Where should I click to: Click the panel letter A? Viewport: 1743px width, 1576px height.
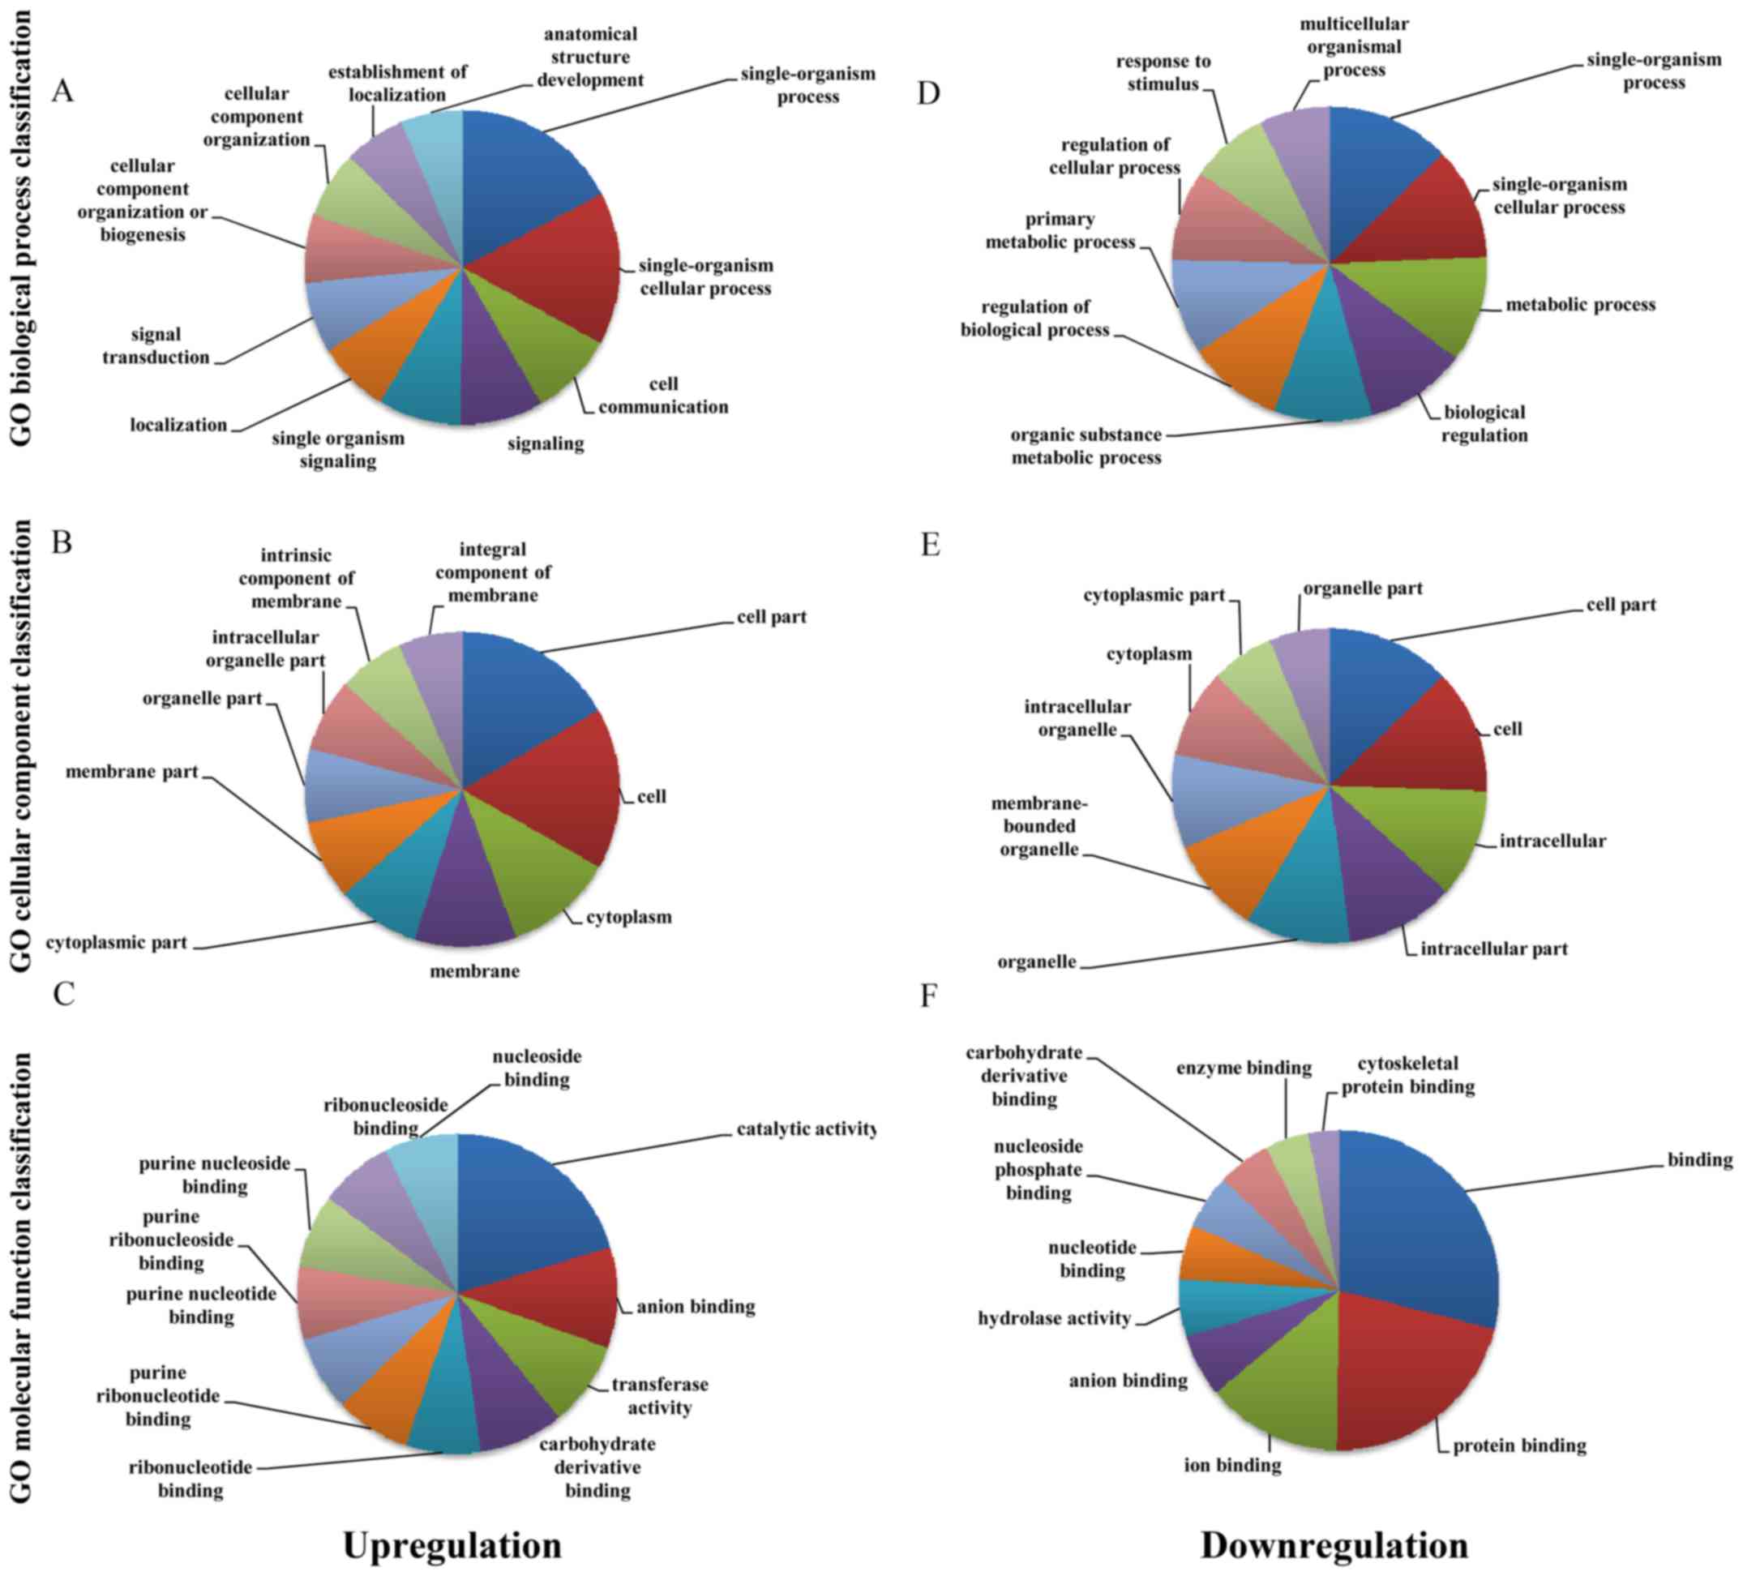pos(62,91)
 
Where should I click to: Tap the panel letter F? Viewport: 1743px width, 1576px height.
pos(928,996)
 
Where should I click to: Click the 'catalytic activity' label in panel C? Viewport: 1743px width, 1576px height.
pos(806,1129)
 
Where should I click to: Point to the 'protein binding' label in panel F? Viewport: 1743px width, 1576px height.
pos(1519,1445)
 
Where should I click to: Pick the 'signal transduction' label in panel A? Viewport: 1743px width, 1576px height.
pos(156,346)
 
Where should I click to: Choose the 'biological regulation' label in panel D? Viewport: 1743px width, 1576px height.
pos(1484,424)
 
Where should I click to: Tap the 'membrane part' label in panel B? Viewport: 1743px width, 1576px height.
pos(132,771)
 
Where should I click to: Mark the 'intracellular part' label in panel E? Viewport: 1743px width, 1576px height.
pos(1494,949)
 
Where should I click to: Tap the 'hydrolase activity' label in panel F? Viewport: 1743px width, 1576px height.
pos(1054,1318)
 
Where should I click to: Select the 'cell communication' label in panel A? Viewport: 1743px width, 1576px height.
pos(663,395)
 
